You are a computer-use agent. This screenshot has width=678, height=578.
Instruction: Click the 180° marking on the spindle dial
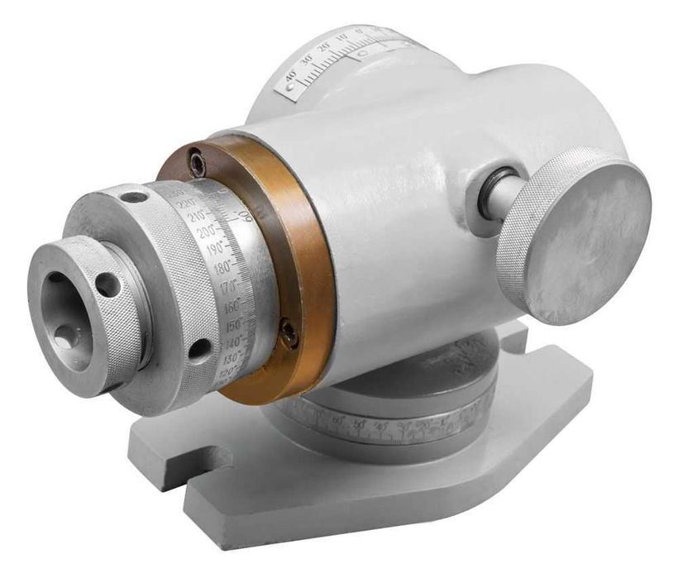[x=221, y=267]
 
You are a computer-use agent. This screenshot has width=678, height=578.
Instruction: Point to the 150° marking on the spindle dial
[x=233, y=324]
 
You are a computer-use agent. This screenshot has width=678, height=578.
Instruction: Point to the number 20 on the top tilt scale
[x=322, y=46]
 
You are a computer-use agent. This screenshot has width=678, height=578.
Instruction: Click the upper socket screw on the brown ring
[x=197, y=163]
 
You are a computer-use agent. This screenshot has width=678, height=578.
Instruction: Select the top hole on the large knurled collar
[x=131, y=198]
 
